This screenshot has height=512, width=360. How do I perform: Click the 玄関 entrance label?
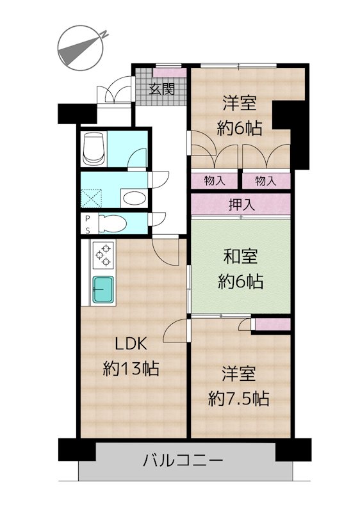(x=161, y=89)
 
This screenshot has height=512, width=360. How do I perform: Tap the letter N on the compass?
(x=104, y=35)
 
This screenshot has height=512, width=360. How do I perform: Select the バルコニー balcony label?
(x=183, y=461)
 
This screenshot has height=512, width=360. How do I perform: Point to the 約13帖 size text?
(x=131, y=369)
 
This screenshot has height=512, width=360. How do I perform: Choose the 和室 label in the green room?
(x=240, y=257)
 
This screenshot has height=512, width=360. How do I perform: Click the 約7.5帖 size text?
(x=239, y=398)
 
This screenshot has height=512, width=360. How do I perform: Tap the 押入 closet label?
(x=241, y=205)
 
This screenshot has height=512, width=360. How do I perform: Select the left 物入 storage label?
(x=215, y=180)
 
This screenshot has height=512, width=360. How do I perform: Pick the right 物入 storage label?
(x=266, y=180)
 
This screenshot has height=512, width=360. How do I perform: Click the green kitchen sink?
(x=103, y=289)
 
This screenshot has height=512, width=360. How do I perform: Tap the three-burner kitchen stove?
(x=104, y=255)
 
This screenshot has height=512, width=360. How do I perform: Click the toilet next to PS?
(x=111, y=223)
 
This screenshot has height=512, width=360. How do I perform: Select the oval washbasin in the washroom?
(x=134, y=198)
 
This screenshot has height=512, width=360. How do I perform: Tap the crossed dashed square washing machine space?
(x=92, y=198)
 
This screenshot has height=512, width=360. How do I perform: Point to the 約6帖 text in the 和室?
(x=240, y=281)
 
